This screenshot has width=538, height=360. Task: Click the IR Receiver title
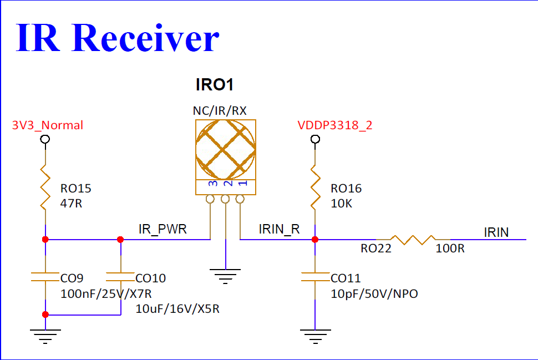tap(118, 37)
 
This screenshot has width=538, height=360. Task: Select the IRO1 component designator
tap(215, 85)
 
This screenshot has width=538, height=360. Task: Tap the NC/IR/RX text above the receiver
tap(220, 111)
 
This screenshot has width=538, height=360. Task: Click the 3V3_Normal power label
tap(47, 125)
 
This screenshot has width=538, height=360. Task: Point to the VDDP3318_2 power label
tap(335, 125)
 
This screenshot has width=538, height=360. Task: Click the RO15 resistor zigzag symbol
tap(45, 187)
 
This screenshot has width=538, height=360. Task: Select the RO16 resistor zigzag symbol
tap(316, 187)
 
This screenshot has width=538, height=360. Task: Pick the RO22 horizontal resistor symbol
tap(413, 240)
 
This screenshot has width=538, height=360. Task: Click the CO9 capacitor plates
tap(45, 277)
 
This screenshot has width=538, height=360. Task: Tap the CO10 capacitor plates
tap(120, 277)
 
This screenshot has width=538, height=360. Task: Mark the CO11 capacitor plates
tap(316, 277)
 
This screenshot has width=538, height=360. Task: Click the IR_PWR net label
tap(163, 229)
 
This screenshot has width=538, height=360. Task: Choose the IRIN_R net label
tap(280, 229)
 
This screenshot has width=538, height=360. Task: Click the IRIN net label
tap(496, 232)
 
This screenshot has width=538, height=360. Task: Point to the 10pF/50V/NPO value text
tap(374, 294)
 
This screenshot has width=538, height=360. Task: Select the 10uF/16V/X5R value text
tap(177, 309)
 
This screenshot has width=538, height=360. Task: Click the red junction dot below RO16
tap(315, 240)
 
